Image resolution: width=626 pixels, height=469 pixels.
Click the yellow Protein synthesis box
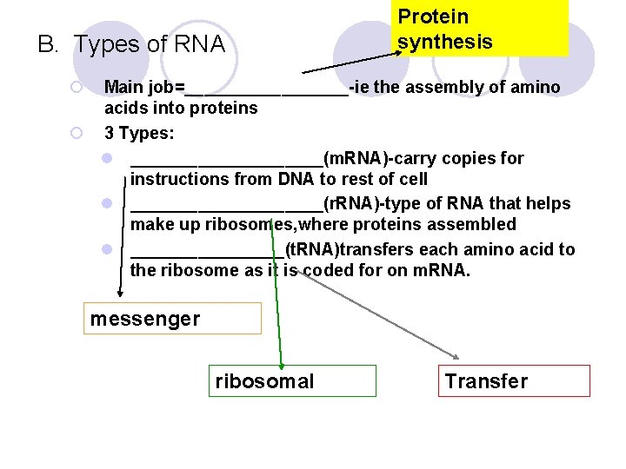tap(479, 29)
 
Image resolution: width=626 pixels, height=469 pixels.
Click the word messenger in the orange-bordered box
tap(145, 319)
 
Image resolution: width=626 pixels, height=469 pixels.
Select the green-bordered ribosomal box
tap(265, 381)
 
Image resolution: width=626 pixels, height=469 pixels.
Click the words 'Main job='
tap(143, 87)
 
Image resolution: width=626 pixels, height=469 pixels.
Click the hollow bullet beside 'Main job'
tap(77, 87)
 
